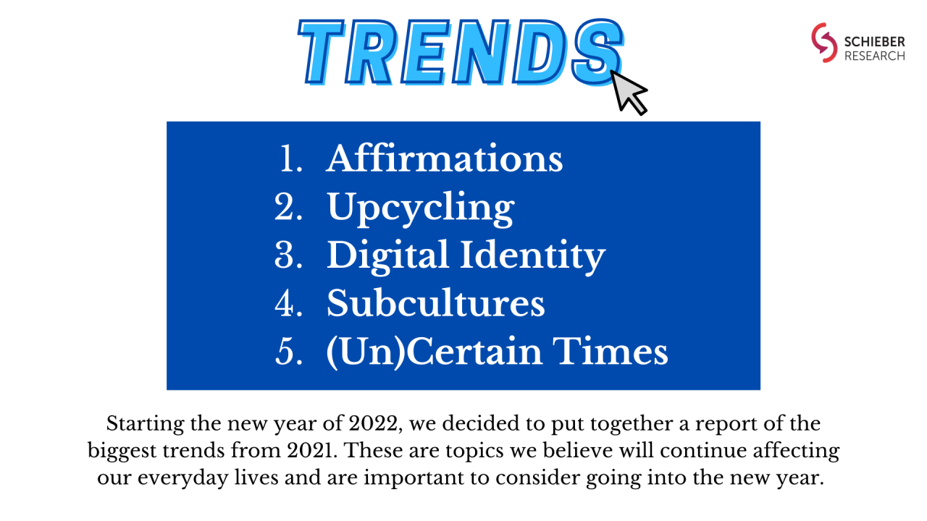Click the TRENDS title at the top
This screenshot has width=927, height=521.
tap(460, 52)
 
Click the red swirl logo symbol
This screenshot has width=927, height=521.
tap(823, 43)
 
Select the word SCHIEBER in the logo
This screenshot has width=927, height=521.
tap(874, 42)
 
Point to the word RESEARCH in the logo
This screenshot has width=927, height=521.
tap(874, 56)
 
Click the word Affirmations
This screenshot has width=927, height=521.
tap(445, 158)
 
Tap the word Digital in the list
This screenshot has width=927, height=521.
tap(388, 256)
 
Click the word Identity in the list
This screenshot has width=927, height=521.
tap(533, 256)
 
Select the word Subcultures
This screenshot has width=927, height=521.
tap(436, 303)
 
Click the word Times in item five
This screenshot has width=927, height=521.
tap(611, 351)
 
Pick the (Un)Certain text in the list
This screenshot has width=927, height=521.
tap(434, 352)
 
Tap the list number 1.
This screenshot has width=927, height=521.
tap(291, 158)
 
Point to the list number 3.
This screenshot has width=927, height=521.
tap(288, 255)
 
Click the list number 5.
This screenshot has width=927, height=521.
tap(288, 352)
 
